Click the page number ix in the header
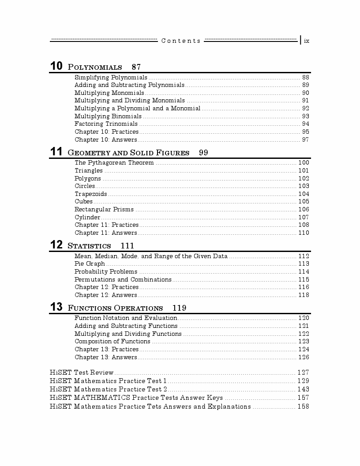click(x=307, y=41)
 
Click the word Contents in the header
click(x=181, y=41)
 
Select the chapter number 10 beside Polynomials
click(x=56, y=67)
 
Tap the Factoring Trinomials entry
click(x=106, y=124)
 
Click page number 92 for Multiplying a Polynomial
click(x=305, y=109)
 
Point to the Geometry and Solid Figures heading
click(x=128, y=153)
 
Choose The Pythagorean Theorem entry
click(x=114, y=163)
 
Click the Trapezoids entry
click(x=90, y=194)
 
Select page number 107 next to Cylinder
click(x=304, y=218)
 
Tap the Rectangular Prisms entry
click(x=104, y=210)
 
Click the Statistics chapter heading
click(x=89, y=246)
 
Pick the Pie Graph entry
click(x=90, y=264)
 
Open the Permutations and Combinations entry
click(x=123, y=280)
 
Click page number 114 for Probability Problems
click(x=304, y=272)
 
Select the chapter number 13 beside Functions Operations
click(x=56, y=308)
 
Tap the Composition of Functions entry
click(x=112, y=342)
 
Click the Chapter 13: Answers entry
click(x=105, y=357)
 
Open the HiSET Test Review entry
click(x=82, y=373)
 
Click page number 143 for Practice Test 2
click(x=303, y=389)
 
